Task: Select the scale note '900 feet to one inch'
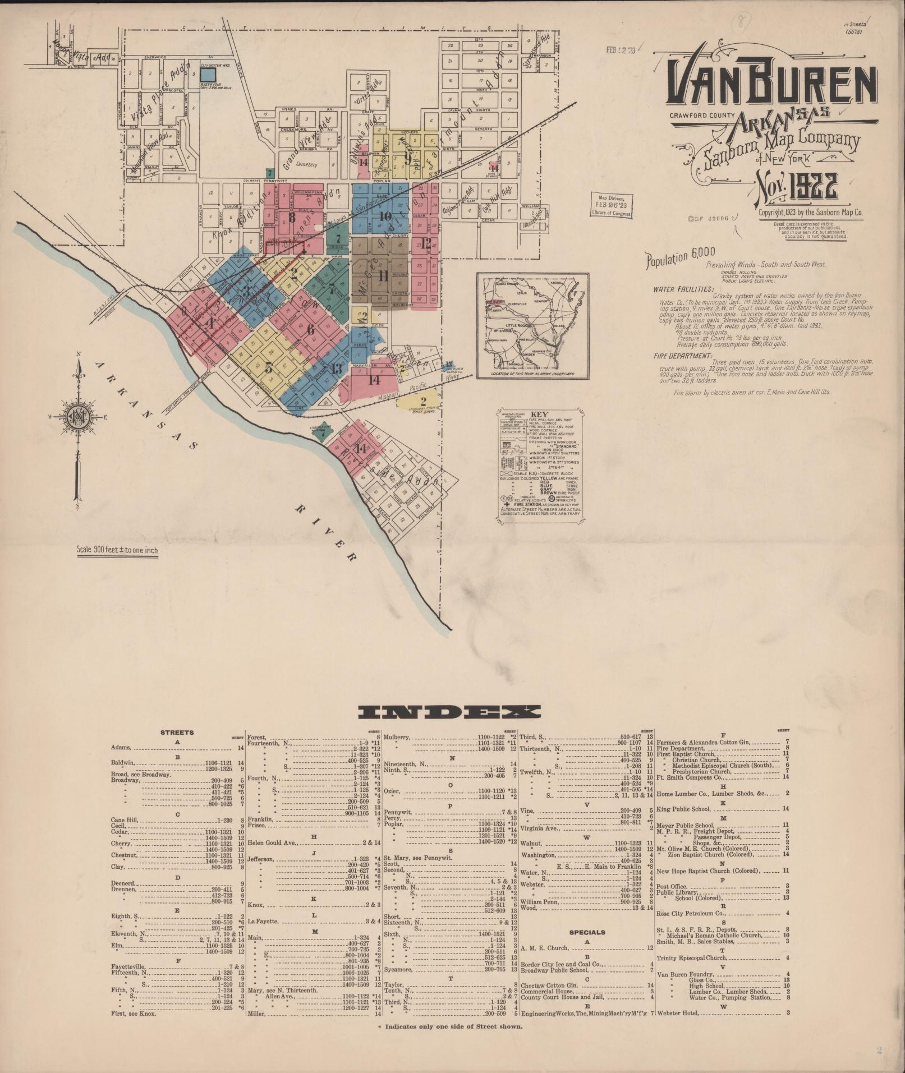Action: [118, 550]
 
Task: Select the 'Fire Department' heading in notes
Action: [682, 356]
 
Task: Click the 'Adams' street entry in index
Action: [121, 748]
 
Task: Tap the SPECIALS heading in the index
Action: [587, 932]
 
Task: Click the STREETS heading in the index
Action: [177, 732]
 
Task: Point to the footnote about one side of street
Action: [451, 1026]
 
